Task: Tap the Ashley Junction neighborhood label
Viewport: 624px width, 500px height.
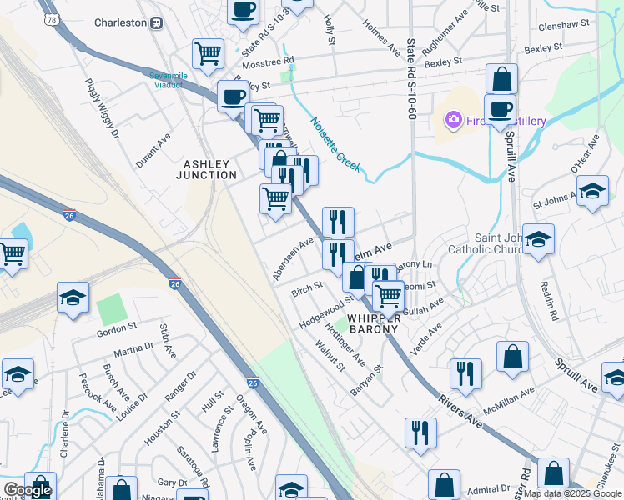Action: coord(206,169)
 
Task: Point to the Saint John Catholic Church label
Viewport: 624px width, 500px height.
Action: coord(508,242)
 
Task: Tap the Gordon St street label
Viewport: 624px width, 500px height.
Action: coord(116,330)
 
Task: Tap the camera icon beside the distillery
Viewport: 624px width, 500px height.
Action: coord(453,121)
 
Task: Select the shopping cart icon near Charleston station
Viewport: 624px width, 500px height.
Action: coord(208,53)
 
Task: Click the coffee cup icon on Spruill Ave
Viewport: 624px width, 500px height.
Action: coord(500,108)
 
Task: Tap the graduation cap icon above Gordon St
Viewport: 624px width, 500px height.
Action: coord(73,297)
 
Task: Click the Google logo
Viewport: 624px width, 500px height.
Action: coord(27,490)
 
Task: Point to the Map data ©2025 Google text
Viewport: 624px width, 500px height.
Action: coord(572,493)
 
